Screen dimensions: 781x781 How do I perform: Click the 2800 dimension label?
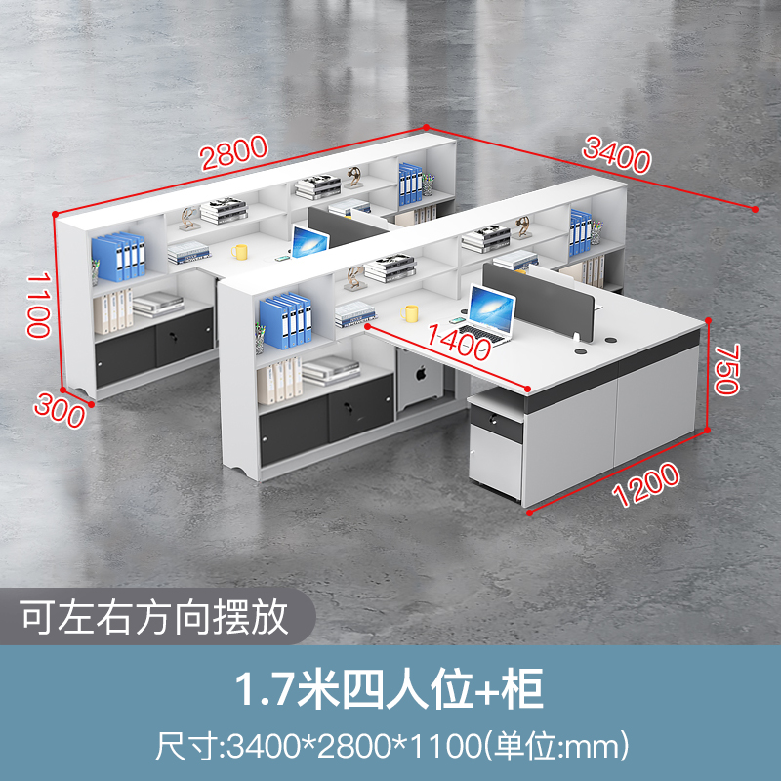click(234, 154)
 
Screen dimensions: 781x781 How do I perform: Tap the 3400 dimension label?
click(616, 155)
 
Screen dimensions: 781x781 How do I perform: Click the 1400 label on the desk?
click(457, 343)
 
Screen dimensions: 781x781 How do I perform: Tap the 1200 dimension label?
click(646, 484)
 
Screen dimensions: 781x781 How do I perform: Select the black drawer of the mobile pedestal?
click(496, 422)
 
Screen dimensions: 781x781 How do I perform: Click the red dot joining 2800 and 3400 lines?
click(427, 127)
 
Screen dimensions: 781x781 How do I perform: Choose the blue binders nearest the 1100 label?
click(119, 257)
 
